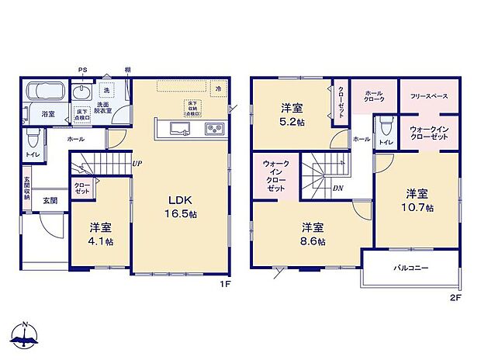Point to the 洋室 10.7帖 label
pyautogui.click(x=418, y=201)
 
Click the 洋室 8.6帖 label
pyautogui.click(x=313, y=234)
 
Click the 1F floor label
pyautogui.click(x=226, y=285)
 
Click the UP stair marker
pyautogui.click(x=137, y=164)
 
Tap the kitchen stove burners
pyautogui.click(x=214, y=130)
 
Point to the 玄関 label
pyautogui.click(x=50, y=200)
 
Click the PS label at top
pyautogui.click(x=82, y=71)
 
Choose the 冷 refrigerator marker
pyautogui.click(x=220, y=89)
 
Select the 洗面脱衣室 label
pyautogui.click(x=103, y=108)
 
